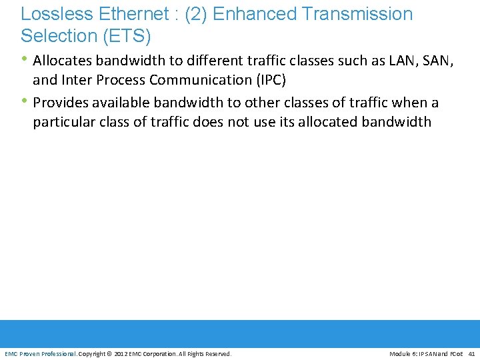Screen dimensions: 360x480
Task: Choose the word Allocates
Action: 62,61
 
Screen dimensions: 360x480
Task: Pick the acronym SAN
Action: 437,61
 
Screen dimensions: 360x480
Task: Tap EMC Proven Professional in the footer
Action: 40,353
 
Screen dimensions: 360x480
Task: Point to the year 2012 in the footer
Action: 121,353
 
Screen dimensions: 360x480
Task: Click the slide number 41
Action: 471,353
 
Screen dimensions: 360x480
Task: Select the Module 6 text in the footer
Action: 403,353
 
